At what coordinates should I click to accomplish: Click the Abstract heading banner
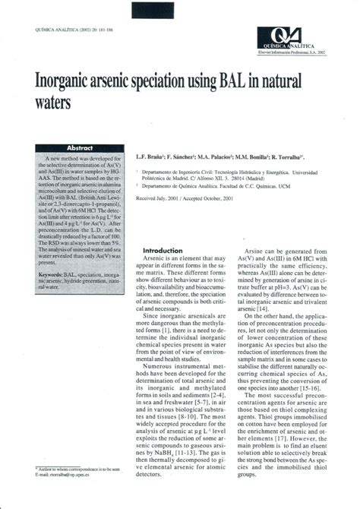[x=79, y=148]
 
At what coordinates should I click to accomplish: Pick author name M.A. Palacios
[x=216, y=157]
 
